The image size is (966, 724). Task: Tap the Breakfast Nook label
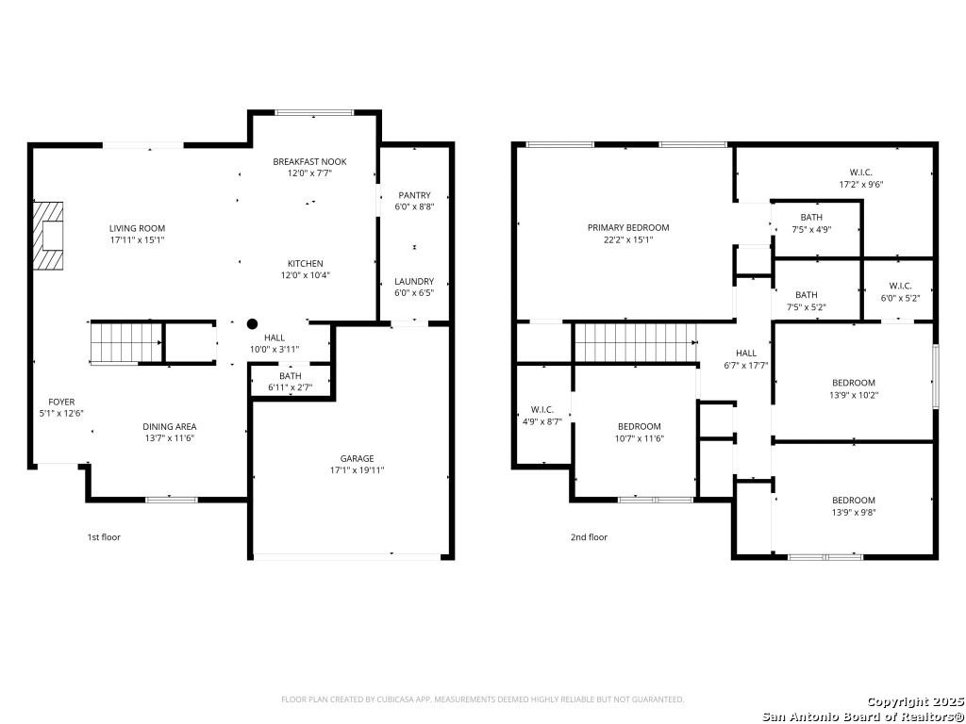coord(309,161)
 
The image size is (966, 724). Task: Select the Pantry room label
coord(414,195)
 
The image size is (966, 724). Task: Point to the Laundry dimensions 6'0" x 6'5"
coord(414,293)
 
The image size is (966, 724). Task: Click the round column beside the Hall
coord(252,323)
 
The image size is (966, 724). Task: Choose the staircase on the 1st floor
coord(114,341)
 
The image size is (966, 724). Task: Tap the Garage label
coord(357,458)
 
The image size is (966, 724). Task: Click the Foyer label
coord(62,402)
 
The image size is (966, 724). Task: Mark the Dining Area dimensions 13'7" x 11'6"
coord(170,438)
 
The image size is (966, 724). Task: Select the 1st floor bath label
coord(291,376)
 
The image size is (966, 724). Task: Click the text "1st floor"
coord(104,537)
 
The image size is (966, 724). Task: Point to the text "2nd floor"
coord(589,537)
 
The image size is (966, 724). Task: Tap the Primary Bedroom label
coord(627,227)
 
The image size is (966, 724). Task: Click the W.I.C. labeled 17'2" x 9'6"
coord(860,173)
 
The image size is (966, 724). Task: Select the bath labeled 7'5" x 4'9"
coord(811,218)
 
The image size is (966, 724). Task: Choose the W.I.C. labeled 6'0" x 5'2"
coord(900,286)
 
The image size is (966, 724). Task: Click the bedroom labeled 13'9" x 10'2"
coord(853,383)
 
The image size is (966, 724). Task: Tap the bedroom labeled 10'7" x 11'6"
coord(639,426)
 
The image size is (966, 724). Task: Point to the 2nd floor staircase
coord(635,341)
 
